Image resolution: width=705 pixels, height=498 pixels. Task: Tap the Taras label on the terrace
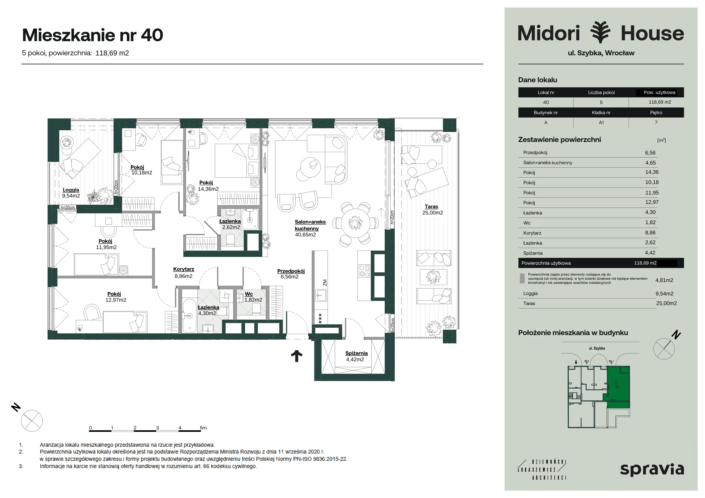[x=431, y=207]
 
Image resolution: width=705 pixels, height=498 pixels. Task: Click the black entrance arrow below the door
[x=297, y=356]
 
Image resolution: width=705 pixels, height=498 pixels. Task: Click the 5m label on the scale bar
[x=203, y=428]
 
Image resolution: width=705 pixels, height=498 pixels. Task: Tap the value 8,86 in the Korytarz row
[x=650, y=233]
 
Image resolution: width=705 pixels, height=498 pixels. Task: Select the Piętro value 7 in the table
[x=656, y=122]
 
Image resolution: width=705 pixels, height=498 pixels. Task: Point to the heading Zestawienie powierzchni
[x=559, y=140]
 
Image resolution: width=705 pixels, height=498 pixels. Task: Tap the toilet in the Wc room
[x=256, y=309]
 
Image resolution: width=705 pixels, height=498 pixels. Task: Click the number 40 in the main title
[x=152, y=35]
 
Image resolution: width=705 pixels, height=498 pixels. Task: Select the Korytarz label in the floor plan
[x=184, y=269]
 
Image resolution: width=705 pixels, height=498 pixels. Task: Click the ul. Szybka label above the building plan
[x=597, y=348]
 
